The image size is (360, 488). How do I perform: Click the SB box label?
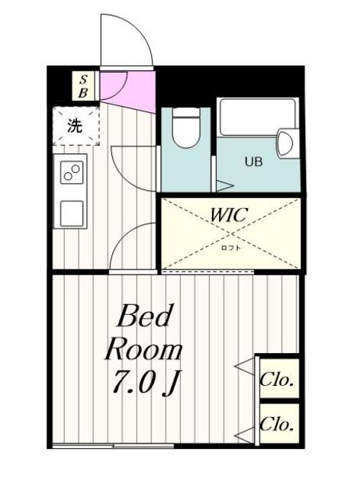coord(83,86)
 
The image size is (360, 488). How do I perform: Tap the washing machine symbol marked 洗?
coord(75,126)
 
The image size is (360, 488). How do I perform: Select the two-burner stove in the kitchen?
coord(73,173)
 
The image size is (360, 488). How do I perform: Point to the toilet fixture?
coord(185,128)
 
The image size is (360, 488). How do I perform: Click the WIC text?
coord(229,216)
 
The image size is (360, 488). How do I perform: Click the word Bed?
coord(146,316)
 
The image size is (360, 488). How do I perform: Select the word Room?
coord(143,350)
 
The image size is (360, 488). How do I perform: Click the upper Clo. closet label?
coord(278,379)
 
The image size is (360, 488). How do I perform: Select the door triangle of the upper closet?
coord(246,369)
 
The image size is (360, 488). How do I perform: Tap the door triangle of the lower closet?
coord(246,435)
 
